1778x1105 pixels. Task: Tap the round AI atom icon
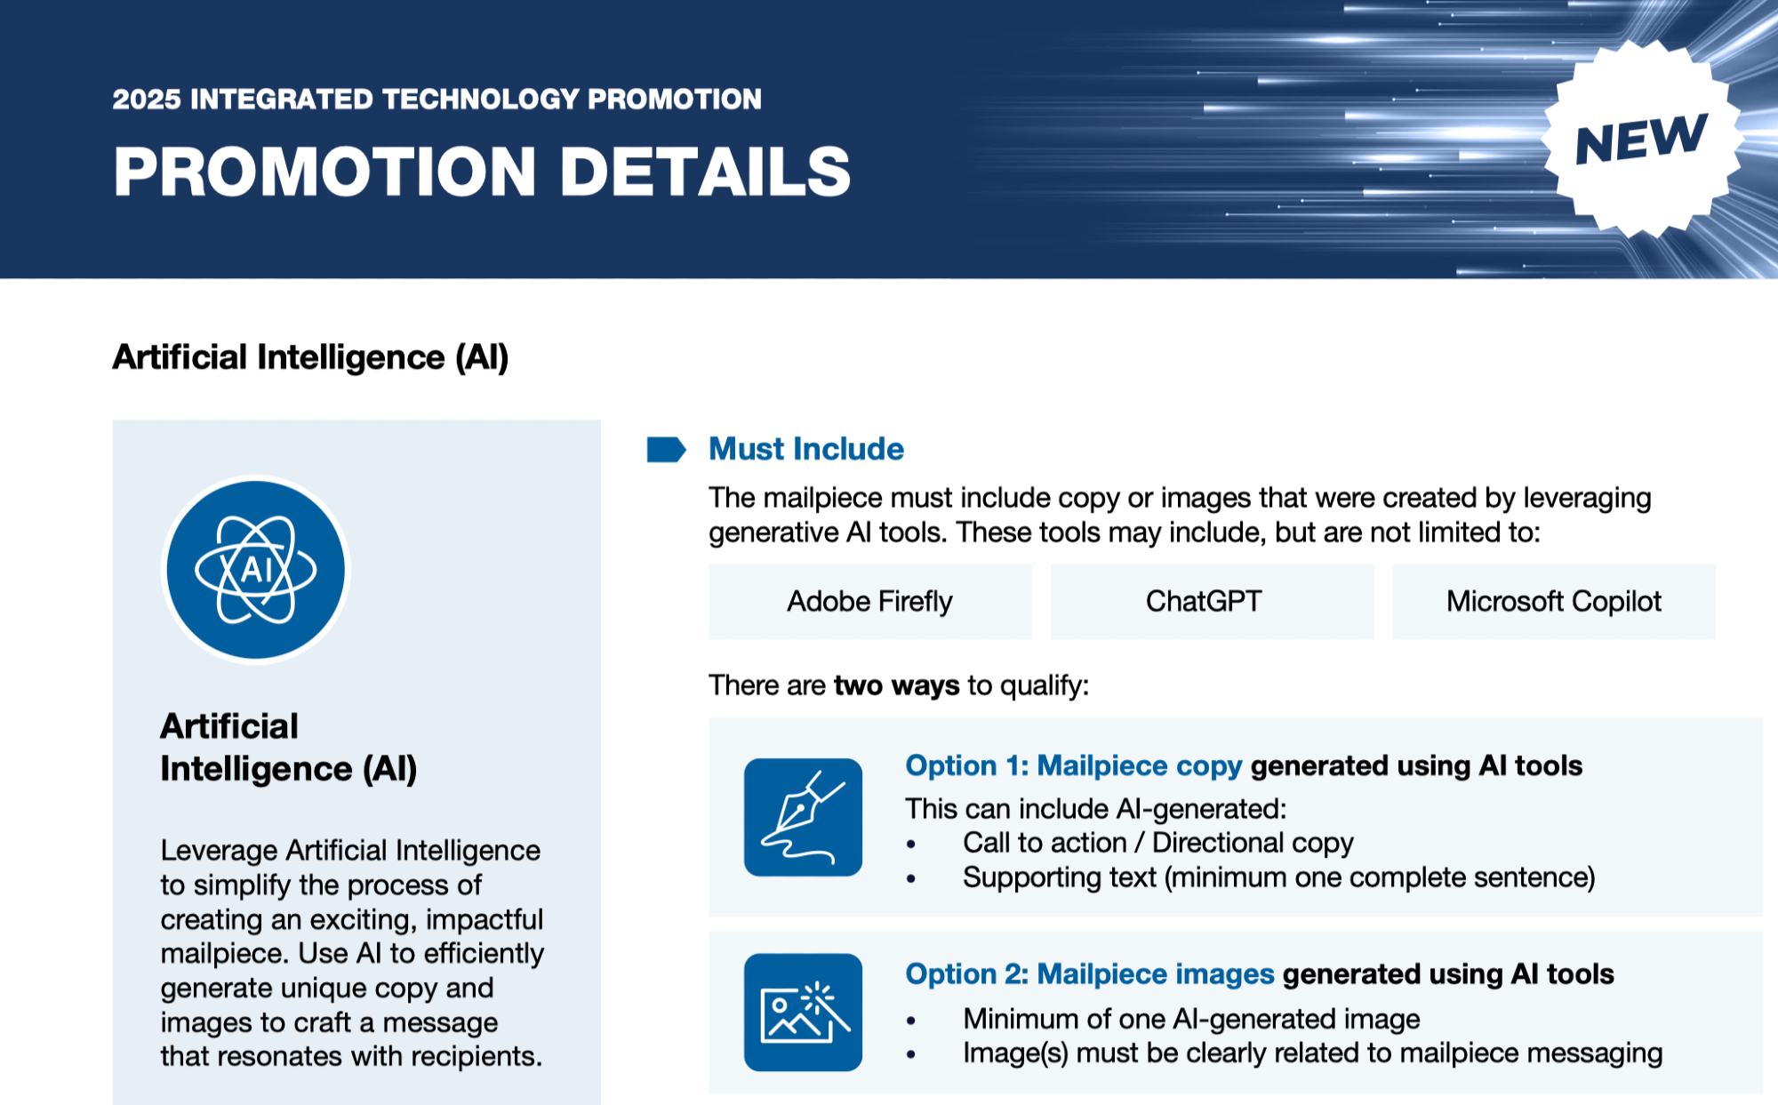pos(256,570)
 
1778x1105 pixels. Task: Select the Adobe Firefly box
pos(870,602)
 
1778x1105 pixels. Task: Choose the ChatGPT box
pos(1212,602)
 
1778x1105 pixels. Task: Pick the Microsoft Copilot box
pos(1554,602)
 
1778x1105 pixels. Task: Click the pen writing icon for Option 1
pos(803,817)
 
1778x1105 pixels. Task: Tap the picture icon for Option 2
pos(803,1013)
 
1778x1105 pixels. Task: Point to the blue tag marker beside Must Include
pos(666,450)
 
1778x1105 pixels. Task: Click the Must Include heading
pos(806,449)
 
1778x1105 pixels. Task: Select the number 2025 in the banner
pos(147,99)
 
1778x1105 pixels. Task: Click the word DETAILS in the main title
pos(705,171)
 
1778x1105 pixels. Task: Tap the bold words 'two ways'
pos(897,685)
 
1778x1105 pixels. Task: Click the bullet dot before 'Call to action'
pos(910,844)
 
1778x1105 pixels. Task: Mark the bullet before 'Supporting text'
pos(910,878)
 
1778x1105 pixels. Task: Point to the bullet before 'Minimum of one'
pos(910,1020)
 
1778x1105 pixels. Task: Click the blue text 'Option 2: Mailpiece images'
pos(1090,974)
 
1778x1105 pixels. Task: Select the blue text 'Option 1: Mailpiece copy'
pos(1074,766)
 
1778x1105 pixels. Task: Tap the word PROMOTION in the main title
pos(325,171)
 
